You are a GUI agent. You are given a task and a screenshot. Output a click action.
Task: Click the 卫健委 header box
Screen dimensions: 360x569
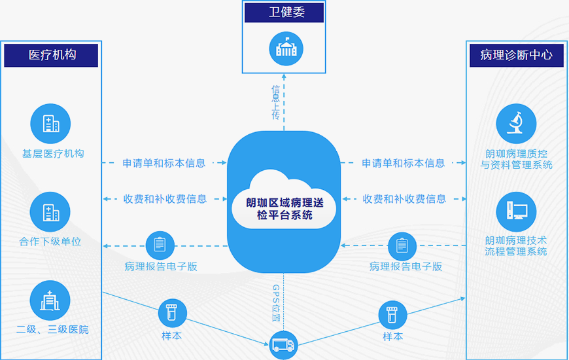coord(284,12)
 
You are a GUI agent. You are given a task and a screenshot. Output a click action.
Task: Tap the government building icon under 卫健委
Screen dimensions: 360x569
coord(285,48)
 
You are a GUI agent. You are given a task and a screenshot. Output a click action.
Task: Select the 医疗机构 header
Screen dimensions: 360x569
coord(51,56)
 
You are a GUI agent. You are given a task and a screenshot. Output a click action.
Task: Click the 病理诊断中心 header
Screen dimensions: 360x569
coord(516,56)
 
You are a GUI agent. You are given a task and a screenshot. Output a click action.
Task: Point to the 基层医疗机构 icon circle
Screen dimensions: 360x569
coord(50,123)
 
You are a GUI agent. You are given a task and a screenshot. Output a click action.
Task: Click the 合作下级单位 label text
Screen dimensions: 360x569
coord(50,242)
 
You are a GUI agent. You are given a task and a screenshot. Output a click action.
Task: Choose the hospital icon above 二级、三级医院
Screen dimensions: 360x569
coord(50,300)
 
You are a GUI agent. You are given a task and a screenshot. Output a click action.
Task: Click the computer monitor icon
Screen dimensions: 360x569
coord(516,211)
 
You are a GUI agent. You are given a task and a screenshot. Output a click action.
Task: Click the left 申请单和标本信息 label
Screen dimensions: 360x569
coord(164,163)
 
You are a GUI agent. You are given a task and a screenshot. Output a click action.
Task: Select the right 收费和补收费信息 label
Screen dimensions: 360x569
coord(404,199)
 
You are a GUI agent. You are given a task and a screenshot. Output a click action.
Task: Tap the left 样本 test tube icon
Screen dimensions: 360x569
coord(172,314)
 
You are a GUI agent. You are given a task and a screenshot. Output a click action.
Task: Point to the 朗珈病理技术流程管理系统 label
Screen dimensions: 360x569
coord(516,245)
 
